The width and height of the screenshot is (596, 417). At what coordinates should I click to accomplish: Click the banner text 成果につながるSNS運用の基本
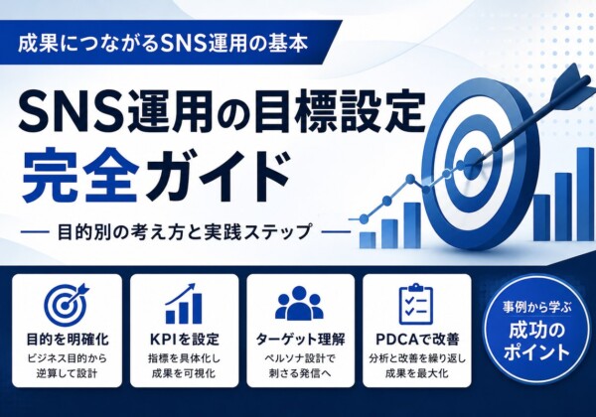(162, 43)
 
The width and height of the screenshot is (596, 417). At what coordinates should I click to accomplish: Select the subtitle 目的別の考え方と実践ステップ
(184, 231)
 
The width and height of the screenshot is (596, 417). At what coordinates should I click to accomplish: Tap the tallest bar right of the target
(585, 194)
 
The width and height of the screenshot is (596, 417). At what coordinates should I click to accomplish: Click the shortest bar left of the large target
(367, 239)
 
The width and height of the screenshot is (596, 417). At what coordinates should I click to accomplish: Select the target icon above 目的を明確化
(67, 304)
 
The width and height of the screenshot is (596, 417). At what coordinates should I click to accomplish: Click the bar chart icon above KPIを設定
(184, 304)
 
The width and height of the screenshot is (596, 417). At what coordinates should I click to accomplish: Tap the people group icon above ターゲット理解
(300, 303)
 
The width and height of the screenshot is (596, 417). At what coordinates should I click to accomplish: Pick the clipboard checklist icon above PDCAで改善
(416, 304)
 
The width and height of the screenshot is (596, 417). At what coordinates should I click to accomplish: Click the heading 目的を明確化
(67, 340)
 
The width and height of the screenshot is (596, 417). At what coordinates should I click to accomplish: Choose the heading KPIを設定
(185, 340)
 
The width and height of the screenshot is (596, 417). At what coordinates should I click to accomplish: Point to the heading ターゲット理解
(300, 340)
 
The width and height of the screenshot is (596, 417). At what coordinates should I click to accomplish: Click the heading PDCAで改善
(417, 340)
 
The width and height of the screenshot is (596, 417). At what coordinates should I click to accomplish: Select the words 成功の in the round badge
(536, 331)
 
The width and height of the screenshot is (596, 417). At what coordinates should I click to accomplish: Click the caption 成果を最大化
(417, 373)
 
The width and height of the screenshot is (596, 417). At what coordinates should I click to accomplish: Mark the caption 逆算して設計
(67, 373)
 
